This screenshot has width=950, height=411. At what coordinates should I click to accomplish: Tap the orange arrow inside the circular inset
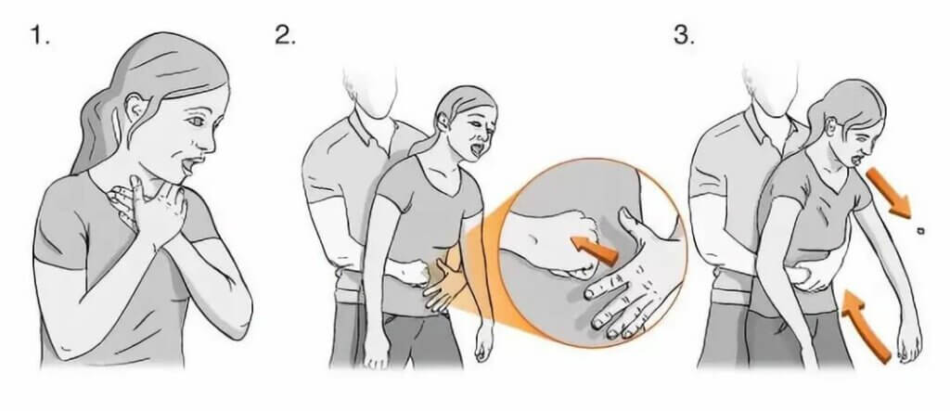(x=595, y=250)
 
